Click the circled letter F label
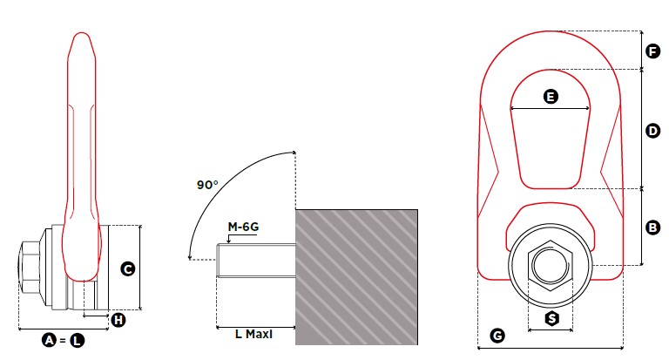click(x=652, y=51)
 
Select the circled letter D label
click(x=652, y=131)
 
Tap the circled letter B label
click(x=652, y=228)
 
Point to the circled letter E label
click(x=551, y=97)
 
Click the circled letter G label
click(x=497, y=336)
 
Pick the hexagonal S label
click(x=552, y=318)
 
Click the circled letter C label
click(x=128, y=269)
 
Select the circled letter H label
click(x=118, y=320)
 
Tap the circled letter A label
click(x=50, y=340)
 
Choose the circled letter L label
click(x=78, y=340)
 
